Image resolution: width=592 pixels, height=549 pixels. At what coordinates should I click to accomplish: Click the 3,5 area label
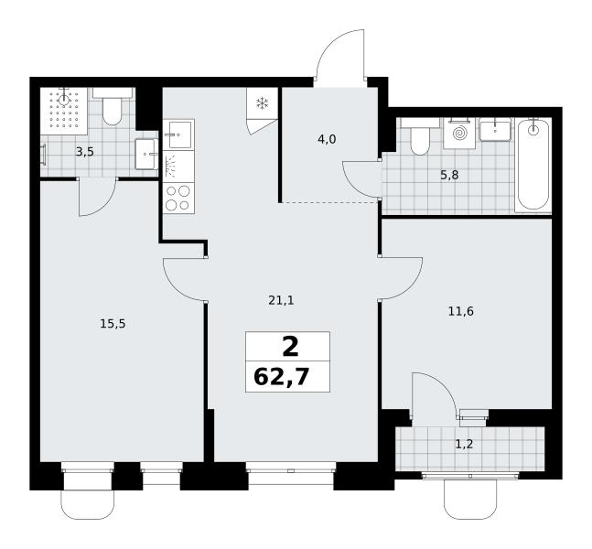point(84,152)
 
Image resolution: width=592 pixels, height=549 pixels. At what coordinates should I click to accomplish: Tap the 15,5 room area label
point(113,324)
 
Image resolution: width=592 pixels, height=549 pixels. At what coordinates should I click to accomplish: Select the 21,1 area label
point(281,300)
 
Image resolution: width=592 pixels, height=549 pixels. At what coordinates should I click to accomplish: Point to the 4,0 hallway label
point(327,140)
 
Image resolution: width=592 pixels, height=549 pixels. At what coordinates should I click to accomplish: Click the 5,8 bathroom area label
point(449,175)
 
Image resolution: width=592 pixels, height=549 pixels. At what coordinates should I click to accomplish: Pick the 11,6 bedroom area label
point(460,311)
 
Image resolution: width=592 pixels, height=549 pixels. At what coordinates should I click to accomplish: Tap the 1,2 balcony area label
point(464,444)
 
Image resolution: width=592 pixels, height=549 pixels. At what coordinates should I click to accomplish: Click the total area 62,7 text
point(282,377)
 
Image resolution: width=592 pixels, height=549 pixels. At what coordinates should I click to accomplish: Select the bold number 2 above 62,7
point(290,348)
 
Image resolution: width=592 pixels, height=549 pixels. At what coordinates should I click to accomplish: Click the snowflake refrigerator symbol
point(262,103)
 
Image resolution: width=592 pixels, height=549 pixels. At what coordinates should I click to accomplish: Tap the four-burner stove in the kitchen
point(178,198)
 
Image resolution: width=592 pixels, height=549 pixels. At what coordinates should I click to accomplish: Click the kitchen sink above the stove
point(178,135)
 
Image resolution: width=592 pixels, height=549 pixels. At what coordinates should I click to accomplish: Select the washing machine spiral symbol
point(459,133)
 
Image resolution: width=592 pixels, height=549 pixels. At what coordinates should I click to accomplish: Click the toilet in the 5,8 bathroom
point(420,136)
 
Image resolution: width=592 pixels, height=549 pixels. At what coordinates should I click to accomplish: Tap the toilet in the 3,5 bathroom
point(113,107)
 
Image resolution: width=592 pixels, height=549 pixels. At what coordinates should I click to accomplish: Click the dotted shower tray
point(64,110)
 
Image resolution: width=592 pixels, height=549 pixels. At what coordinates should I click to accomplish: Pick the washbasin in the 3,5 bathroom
point(146,154)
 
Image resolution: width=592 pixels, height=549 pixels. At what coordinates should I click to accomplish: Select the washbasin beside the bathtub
point(495,130)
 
